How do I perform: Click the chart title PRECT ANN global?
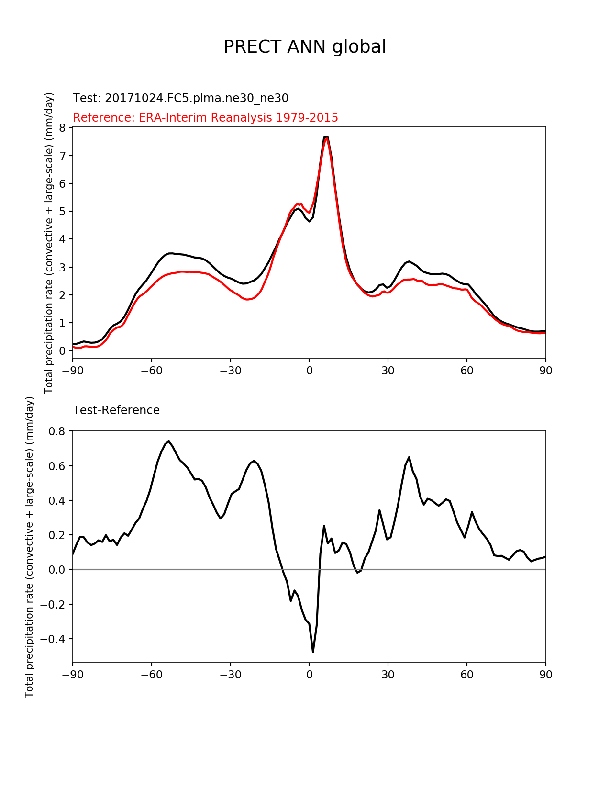point(305,47)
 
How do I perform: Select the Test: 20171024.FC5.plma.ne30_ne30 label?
point(180,98)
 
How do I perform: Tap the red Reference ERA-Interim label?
point(205,117)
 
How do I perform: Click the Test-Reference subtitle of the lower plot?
point(116,410)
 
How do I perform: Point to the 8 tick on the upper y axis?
point(63,127)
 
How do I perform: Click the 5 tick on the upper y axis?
point(63,211)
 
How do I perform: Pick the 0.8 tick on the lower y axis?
point(57,431)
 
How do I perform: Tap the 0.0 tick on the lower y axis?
point(57,570)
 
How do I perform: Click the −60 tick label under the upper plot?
point(151,371)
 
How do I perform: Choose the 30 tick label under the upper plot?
point(388,371)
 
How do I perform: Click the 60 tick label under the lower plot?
point(467,675)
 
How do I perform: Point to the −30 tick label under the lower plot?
point(230,675)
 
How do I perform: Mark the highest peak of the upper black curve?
point(326,137)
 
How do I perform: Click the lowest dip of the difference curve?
point(313,652)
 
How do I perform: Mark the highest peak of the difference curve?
point(169,441)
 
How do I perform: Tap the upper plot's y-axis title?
point(49,243)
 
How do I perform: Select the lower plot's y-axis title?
point(30,547)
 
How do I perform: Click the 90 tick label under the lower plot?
point(545,675)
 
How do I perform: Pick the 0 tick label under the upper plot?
point(309,371)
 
